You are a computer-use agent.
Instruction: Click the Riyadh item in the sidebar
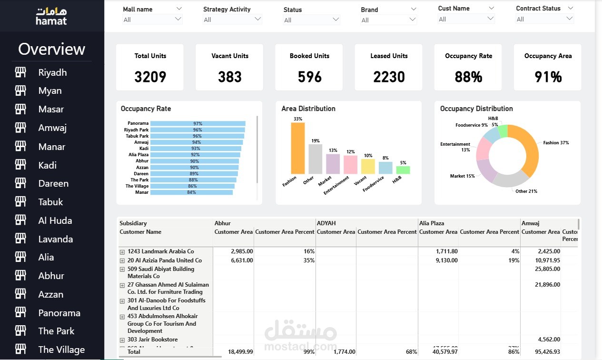(52, 72)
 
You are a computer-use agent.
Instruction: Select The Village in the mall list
(61, 350)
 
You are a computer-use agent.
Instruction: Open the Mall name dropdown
(152, 20)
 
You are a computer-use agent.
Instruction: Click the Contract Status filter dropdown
(545, 19)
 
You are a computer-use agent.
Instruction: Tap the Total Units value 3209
(150, 77)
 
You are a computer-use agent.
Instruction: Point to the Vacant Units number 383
(230, 77)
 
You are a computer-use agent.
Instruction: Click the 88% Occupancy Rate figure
(468, 77)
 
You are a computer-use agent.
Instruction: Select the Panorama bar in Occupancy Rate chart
(197, 123)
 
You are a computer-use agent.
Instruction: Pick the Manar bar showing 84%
(191, 192)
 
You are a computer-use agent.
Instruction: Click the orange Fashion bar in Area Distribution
(298, 148)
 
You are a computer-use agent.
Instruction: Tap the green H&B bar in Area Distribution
(403, 170)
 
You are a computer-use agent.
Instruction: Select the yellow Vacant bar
(368, 166)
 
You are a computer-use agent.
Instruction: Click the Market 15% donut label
(462, 176)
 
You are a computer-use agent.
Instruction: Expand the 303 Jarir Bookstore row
(122, 340)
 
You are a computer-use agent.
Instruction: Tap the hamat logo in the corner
(51, 16)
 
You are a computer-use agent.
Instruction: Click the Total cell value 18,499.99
(240, 352)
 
